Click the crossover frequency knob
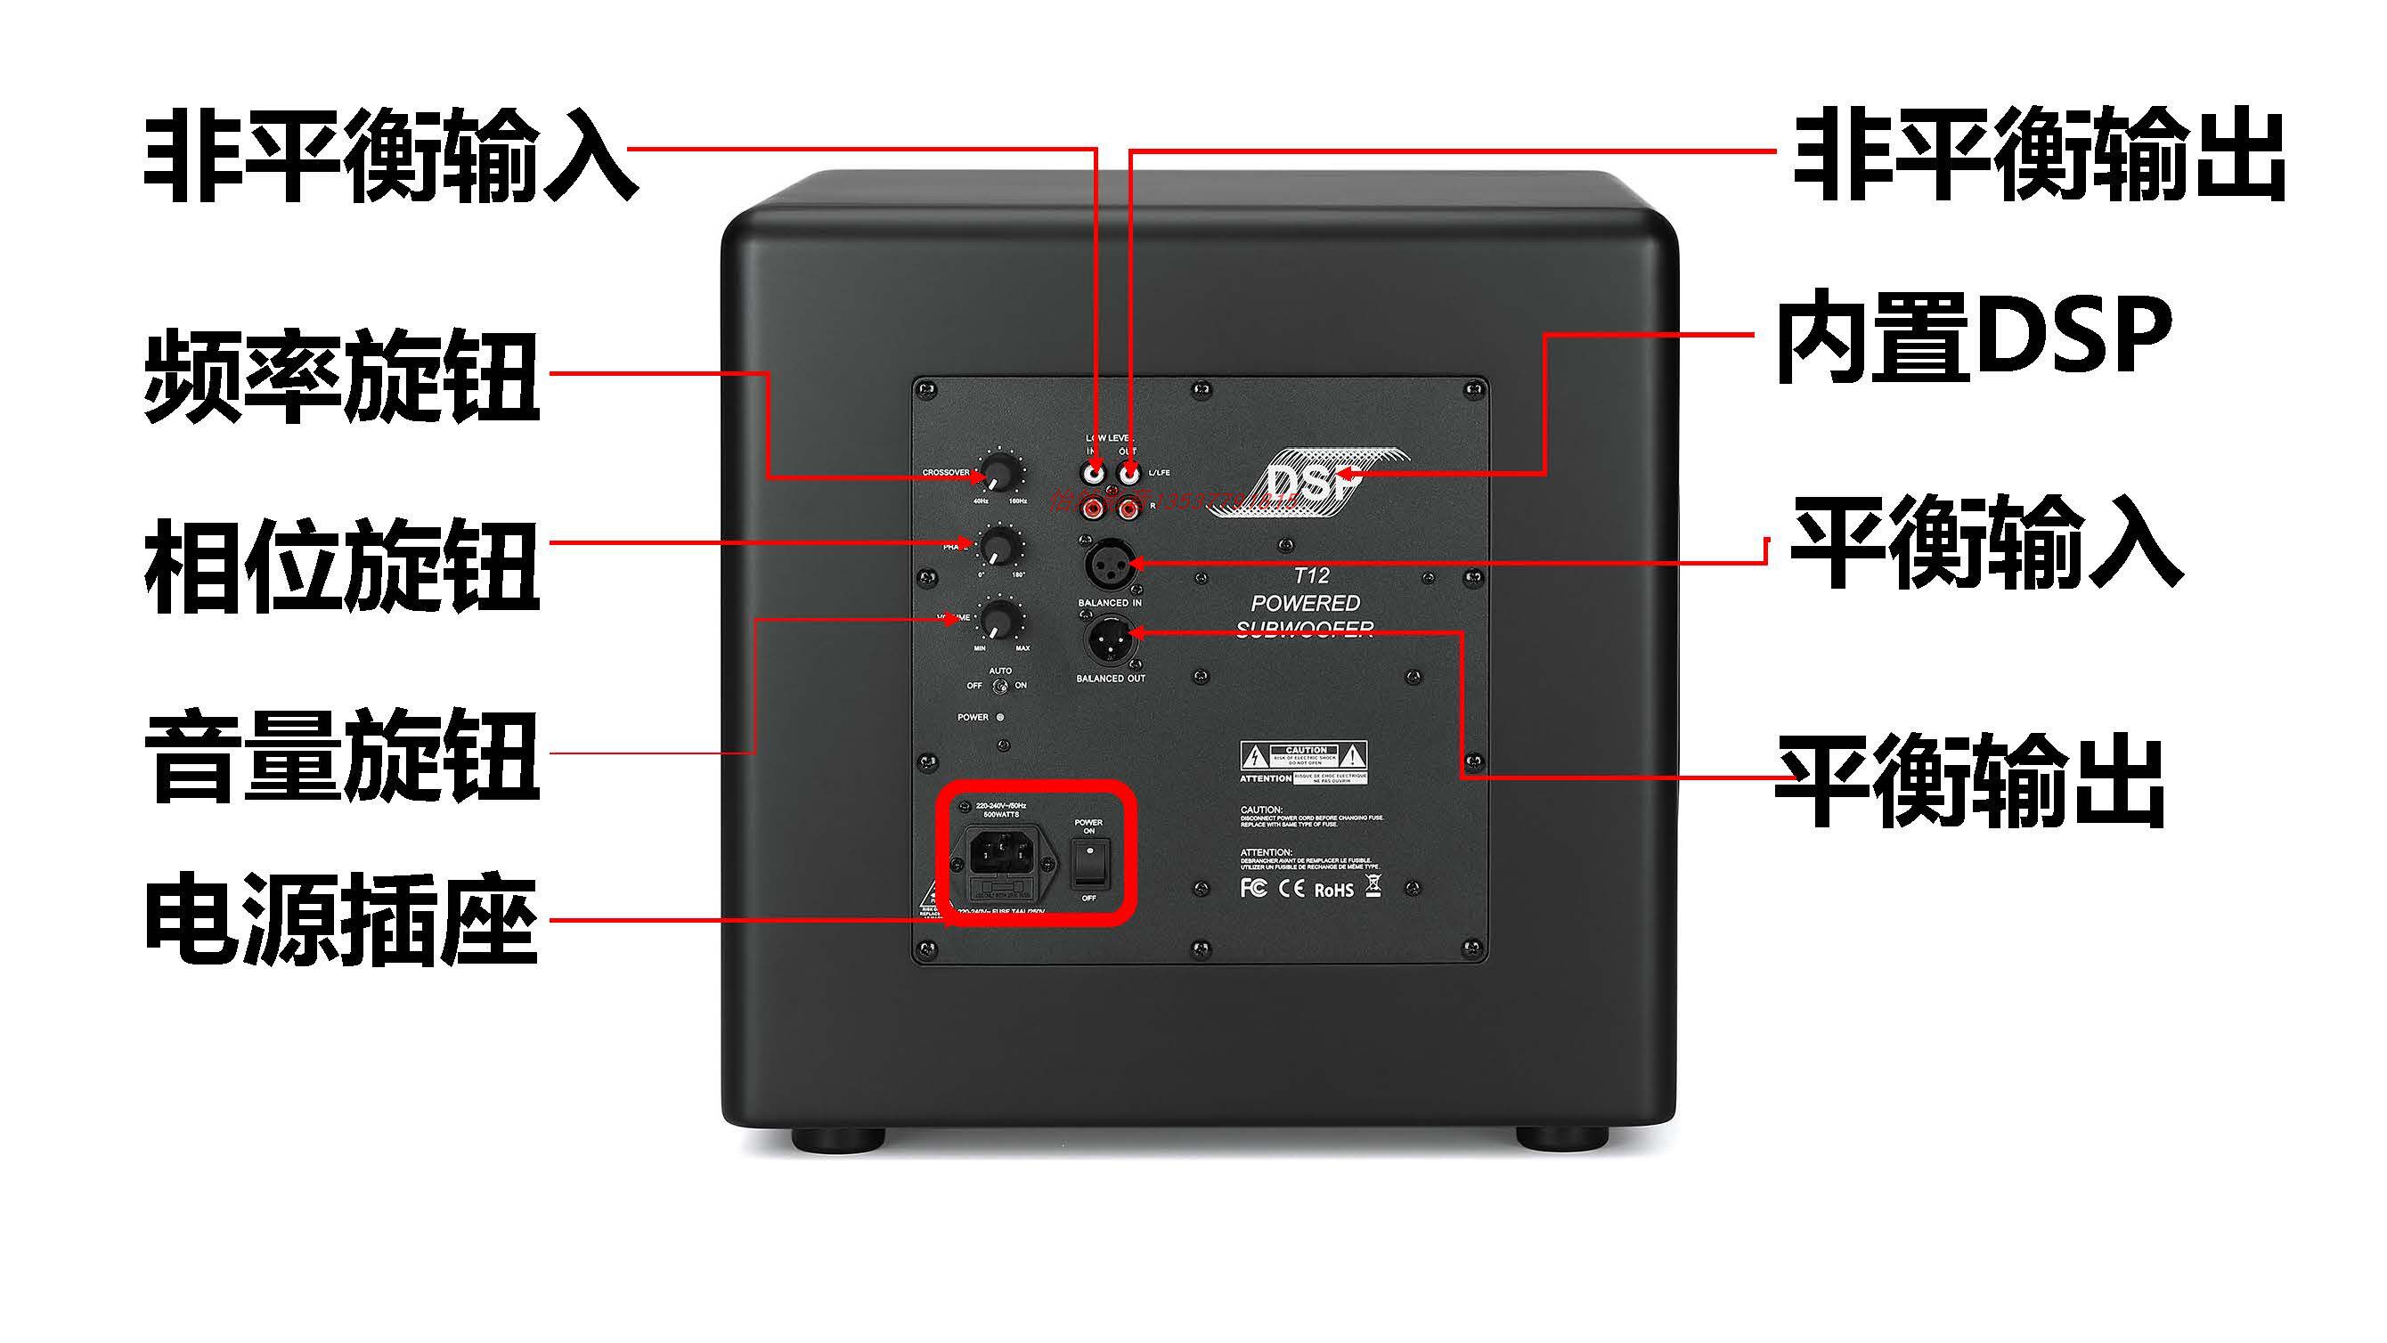(x=997, y=473)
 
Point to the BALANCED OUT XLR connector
(x=1110, y=639)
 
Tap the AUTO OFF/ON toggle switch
(x=999, y=687)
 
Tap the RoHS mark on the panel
(x=1333, y=890)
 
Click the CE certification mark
(x=1291, y=889)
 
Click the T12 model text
(x=1311, y=575)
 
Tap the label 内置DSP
(x=1974, y=338)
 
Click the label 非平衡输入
(x=389, y=155)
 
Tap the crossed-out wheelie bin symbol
(x=1373, y=887)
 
